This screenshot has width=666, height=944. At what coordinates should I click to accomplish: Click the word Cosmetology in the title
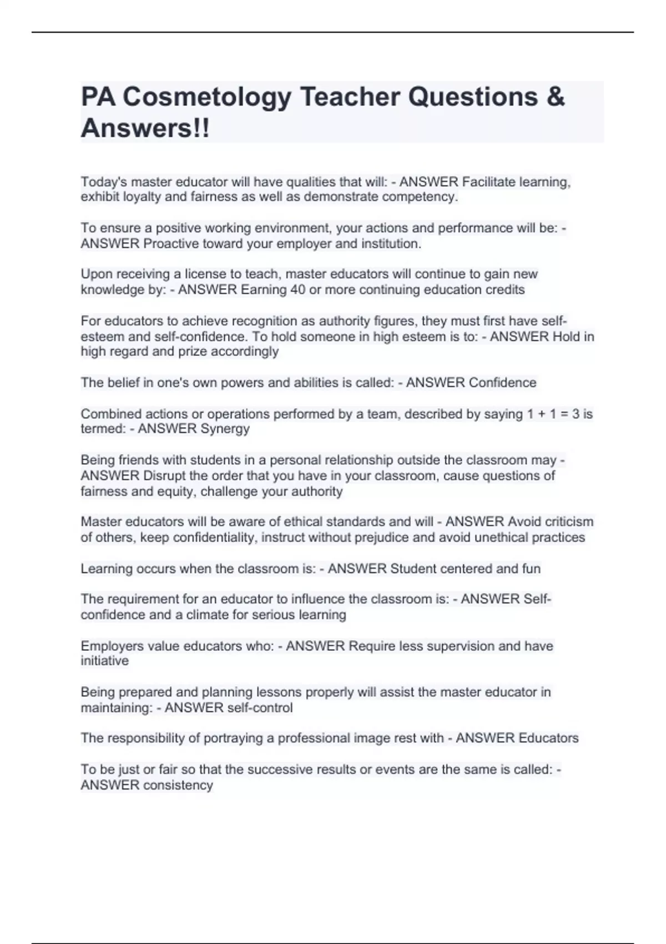pos(206,97)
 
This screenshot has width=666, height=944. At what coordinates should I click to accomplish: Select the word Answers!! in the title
pos(145,128)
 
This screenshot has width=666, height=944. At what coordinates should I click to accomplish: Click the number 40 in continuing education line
pos(298,289)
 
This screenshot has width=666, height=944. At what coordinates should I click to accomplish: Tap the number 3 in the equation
pos(576,414)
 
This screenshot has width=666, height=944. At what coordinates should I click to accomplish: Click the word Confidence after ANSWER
pos(502,383)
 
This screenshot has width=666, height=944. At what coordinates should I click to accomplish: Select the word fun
pos(531,569)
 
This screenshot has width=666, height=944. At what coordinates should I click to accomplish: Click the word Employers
pos(112,646)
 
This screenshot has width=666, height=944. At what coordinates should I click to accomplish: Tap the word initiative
pos(104,661)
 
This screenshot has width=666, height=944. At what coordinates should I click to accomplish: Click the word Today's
pos(103,182)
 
